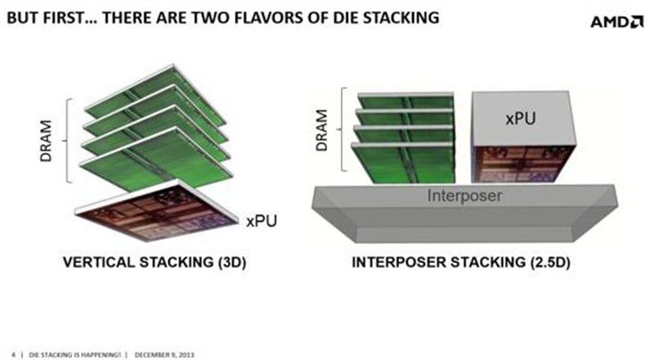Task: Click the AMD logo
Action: tap(616, 21)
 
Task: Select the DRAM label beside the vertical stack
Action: tap(45, 141)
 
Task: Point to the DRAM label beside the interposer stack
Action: tap(321, 130)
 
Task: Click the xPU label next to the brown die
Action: tap(261, 221)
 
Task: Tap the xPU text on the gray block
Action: tap(521, 119)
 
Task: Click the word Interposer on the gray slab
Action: tap(464, 195)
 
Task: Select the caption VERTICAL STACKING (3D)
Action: tap(154, 262)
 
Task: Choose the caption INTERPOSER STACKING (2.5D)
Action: tap(461, 262)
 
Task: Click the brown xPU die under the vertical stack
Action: tap(158, 210)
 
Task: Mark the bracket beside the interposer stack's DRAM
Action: tap(343, 129)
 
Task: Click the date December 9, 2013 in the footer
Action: tap(164, 355)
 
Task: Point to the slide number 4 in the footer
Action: tap(13, 355)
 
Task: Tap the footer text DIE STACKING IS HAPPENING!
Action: tap(75, 355)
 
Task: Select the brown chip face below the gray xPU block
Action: tap(524, 164)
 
